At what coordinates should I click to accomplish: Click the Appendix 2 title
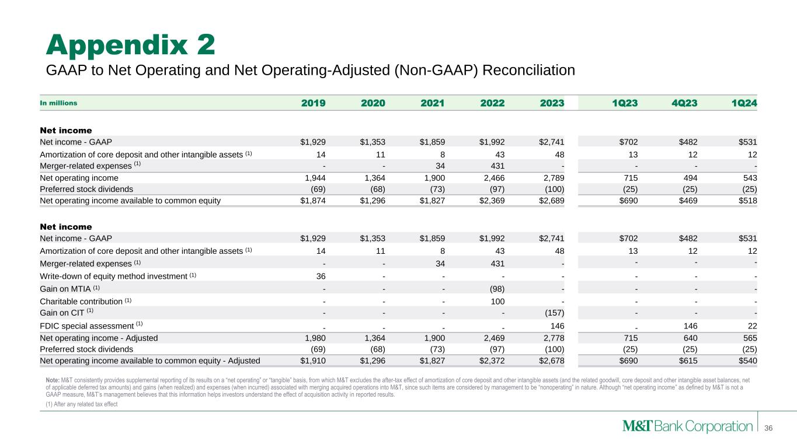pyautogui.click(x=131, y=45)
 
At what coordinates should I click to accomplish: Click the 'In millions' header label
pyautogui.click(x=58, y=103)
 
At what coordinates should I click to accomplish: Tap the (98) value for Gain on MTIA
pyautogui.click(x=493, y=288)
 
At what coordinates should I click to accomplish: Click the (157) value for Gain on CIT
pyautogui.click(x=552, y=313)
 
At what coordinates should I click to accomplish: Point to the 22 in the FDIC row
pyautogui.click(x=751, y=325)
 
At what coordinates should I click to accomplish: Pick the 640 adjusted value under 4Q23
pyautogui.click(x=690, y=337)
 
